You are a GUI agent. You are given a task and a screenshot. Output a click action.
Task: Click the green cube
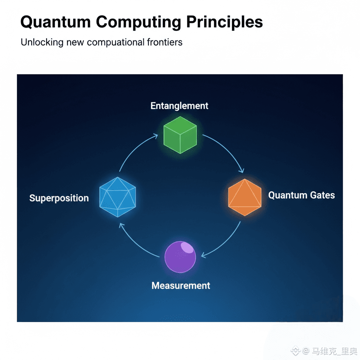point(180,135)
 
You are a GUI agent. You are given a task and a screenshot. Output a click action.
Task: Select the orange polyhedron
point(245,197)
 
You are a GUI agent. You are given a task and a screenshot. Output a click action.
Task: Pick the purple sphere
point(180,257)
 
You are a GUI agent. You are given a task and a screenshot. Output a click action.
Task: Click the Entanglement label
point(179,106)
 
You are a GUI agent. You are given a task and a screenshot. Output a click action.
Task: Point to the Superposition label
point(59,198)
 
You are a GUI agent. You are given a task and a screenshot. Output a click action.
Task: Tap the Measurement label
point(181,285)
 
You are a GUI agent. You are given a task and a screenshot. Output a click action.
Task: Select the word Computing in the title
point(139,22)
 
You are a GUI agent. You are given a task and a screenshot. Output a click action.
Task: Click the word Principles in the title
point(224,22)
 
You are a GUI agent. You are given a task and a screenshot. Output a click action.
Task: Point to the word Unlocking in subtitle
point(42,43)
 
